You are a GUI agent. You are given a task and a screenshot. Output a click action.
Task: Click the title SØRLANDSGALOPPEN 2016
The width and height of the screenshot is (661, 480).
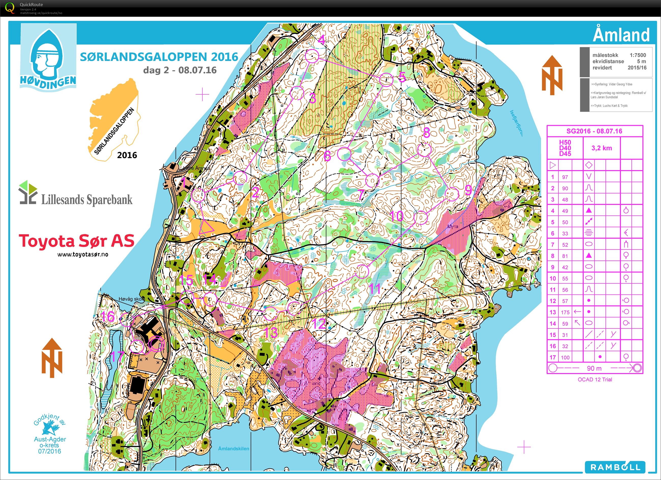(159, 57)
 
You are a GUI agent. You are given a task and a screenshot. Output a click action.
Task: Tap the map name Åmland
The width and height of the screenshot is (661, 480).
(621, 35)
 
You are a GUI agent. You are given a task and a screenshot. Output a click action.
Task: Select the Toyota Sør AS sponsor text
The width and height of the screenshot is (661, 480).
(76, 241)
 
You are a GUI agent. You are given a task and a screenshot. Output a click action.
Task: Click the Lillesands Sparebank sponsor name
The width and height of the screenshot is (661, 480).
(87, 200)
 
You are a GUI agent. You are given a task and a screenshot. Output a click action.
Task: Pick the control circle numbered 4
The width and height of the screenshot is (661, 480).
(312, 56)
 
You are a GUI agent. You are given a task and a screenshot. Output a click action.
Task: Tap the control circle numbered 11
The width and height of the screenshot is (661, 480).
(362, 271)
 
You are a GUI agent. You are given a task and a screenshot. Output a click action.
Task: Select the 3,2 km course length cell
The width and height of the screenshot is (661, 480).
(601, 148)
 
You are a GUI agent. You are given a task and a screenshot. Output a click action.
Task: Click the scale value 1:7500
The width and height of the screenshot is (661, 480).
(638, 55)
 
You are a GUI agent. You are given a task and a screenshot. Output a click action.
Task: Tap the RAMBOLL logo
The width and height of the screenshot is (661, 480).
(615, 467)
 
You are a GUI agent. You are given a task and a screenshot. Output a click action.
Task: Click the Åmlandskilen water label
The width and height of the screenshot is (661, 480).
(233, 448)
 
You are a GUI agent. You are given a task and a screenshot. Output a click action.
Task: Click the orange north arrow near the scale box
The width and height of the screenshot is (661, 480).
(552, 75)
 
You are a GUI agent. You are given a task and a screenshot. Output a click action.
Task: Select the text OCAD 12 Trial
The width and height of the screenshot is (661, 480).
(595, 379)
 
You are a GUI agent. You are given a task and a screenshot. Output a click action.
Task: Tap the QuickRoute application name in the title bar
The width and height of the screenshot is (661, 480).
(31, 4)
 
